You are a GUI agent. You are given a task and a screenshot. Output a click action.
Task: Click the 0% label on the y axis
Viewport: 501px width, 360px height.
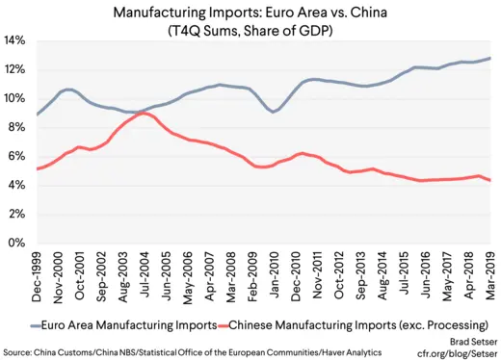click(x=16, y=244)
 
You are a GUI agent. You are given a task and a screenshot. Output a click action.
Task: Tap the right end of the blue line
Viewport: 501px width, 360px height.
click(x=489, y=58)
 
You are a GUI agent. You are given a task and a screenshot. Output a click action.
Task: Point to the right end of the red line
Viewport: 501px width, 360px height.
click(x=489, y=180)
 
